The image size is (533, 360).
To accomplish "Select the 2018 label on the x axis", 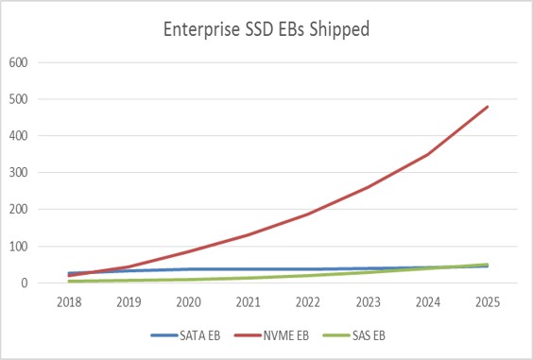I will tap(69, 301).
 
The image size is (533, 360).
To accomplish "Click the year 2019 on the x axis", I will tap(129, 301).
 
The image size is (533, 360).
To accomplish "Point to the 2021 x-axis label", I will tap(249, 301).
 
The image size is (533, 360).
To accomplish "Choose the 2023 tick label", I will tap(368, 301).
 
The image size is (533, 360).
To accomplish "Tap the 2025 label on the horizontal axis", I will tap(488, 301).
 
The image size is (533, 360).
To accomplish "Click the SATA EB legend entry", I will tap(186, 334).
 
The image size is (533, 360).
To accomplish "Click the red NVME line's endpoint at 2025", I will tap(488, 107).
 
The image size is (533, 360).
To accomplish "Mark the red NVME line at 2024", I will tap(428, 154).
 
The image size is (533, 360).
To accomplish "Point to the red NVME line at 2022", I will tap(308, 214).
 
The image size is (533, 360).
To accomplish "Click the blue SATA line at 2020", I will tap(189, 269).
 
